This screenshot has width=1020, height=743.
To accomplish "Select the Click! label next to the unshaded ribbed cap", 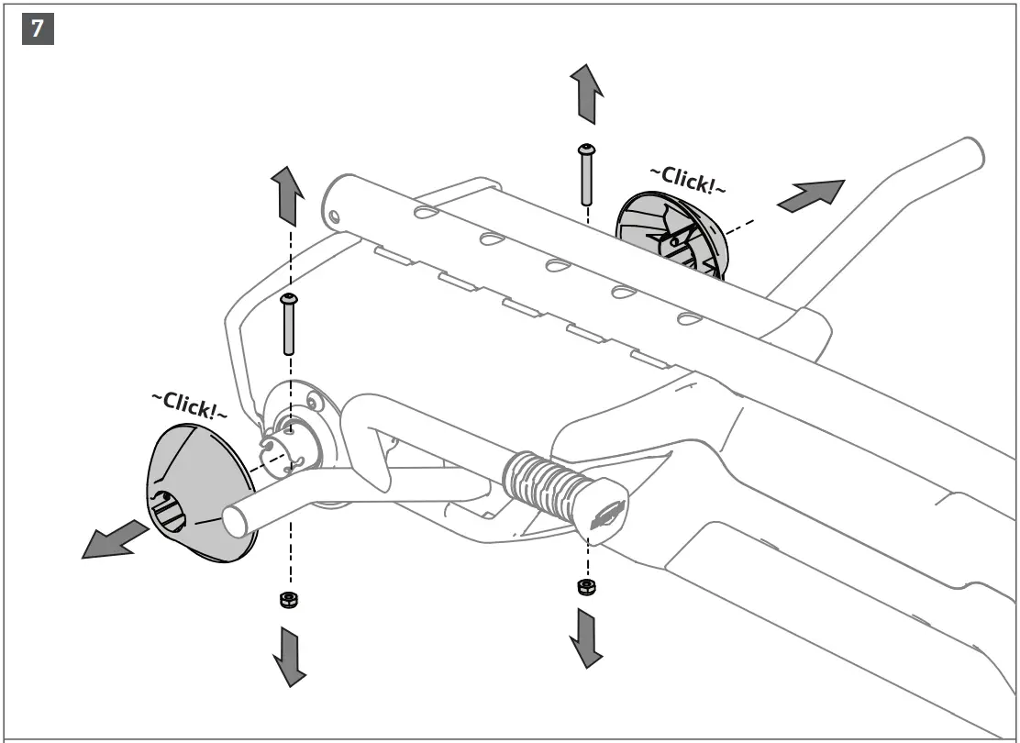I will pyautogui.click(x=687, y=180).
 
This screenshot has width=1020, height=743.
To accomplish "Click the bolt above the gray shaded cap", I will pyautogui.click(x=289, y=324).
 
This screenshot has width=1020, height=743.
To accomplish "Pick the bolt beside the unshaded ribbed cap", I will pyautogui.click(x=584, y=174).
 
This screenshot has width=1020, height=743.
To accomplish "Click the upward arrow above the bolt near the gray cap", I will pyautogui.click(x=285, y=195).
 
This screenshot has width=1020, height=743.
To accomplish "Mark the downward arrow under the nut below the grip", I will pyautogui.click(x=585, y=636).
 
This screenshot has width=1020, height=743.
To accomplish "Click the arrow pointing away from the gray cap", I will pyautogui.click(x=114, y=539).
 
